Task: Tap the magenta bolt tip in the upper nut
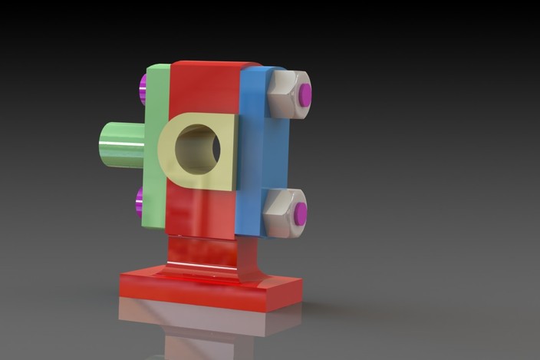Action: point(305,94)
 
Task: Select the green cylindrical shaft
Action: point(123,144)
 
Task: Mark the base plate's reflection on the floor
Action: point(207,322)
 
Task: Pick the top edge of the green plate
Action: point(158,68)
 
